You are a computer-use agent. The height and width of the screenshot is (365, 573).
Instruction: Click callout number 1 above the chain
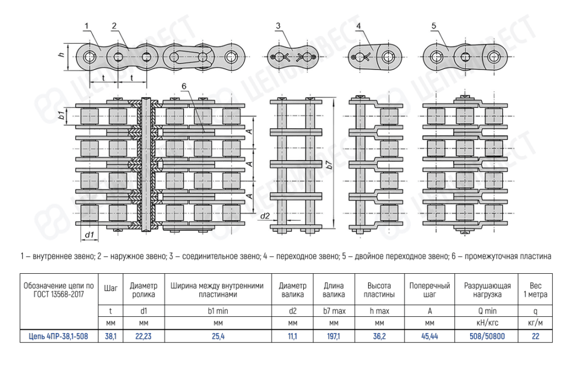87,25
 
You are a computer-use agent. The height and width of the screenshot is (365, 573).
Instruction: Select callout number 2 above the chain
114,25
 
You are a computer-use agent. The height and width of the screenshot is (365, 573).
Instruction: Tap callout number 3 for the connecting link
278,25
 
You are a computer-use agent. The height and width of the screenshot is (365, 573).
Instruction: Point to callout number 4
358,25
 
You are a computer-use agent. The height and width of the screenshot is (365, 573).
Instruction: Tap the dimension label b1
61,116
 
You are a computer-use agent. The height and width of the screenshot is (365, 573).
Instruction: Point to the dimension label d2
265,216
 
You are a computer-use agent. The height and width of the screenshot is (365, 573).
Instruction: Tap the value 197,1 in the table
334,336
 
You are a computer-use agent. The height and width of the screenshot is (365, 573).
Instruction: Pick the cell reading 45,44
430,336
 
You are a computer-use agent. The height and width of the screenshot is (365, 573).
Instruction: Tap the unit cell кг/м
536,323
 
